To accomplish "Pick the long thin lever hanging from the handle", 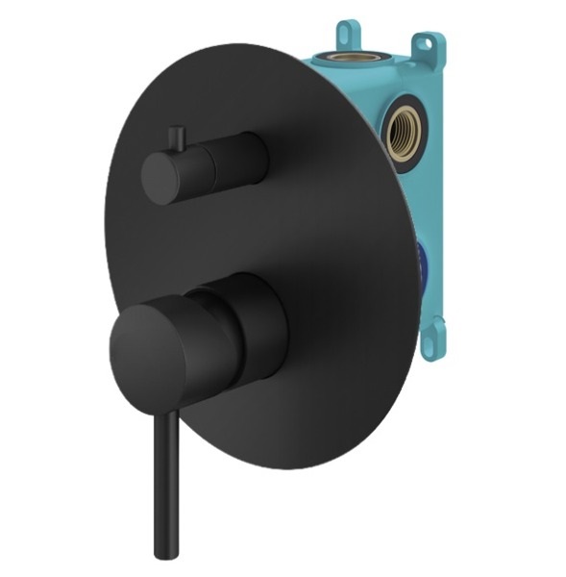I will click(x=163, y=471).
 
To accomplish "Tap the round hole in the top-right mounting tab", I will click(x=422, y=43).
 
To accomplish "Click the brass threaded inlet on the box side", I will click(x=402, y=136).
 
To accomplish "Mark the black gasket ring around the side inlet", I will click(x=388, y=135).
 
